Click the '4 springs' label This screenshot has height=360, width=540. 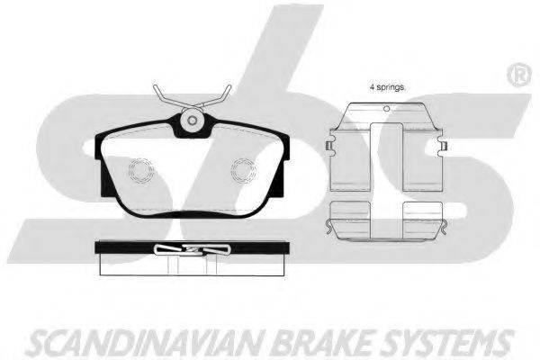[x=386, y=87]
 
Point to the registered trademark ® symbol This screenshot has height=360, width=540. [x=519, y=76]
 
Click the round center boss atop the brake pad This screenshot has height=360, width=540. [x=193, y=120]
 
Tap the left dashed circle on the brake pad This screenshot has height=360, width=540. [x=141, y=170]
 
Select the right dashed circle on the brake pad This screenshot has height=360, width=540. [x=244, y=170]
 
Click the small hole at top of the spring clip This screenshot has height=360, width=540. [x=387, y=109]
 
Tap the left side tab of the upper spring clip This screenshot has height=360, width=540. [x=329, y=146]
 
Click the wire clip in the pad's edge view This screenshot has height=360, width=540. [x=192, y=249]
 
